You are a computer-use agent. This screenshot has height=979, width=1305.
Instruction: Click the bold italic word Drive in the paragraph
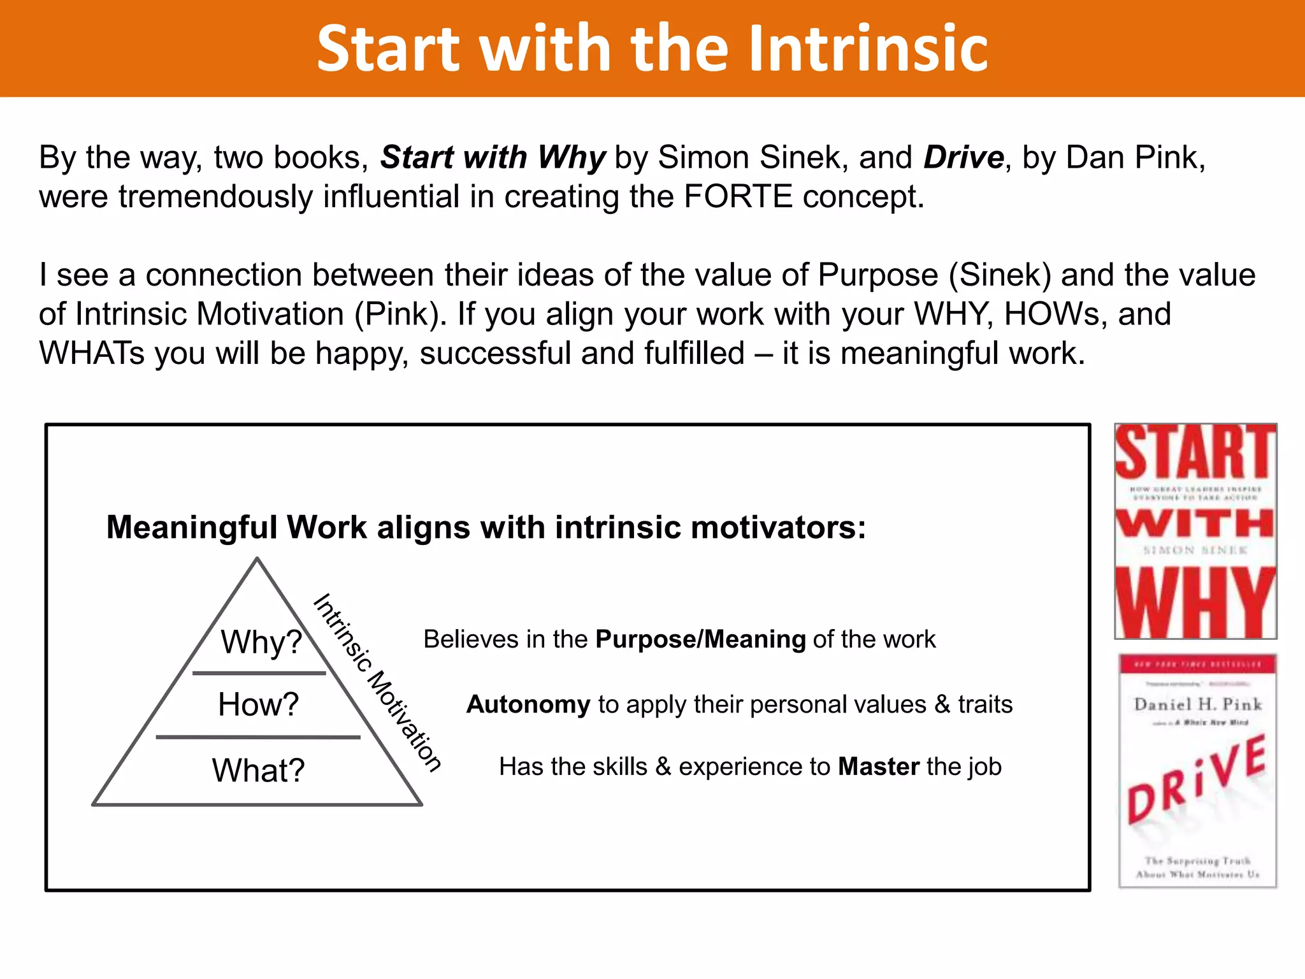pos(963,157)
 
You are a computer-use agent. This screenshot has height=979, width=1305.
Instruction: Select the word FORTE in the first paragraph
pos(738,196)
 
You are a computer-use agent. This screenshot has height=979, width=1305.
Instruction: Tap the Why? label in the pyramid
pos(261,642)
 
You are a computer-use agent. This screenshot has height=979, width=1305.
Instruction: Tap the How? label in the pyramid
pos(258,705)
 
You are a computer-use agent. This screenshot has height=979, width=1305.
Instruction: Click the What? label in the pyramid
pos(258,771)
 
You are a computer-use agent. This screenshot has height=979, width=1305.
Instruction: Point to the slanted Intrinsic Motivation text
pos(377,683)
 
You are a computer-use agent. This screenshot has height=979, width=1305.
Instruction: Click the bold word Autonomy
pos(528,705)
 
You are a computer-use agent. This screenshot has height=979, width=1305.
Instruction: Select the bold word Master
pos(879,767)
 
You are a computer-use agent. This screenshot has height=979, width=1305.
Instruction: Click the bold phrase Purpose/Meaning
pos(700,639)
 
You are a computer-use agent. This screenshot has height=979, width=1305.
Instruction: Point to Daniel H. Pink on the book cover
pos(1197,704)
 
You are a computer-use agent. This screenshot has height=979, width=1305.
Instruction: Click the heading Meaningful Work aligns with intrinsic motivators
pos(486,528)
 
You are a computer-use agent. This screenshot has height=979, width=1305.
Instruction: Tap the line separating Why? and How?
pos(259,673)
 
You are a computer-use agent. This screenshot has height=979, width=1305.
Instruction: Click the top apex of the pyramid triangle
pos(257,559)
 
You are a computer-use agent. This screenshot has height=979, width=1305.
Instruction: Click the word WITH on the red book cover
pos(1195,524)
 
